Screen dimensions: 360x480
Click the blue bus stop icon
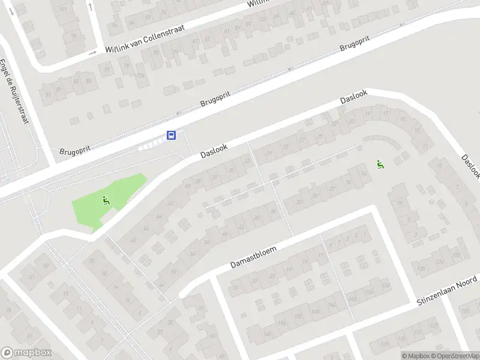tap(171, 135)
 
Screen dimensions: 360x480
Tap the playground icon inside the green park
tap(106, 200)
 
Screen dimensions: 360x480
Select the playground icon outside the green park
tap(379, 163)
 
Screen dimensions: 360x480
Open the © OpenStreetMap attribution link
tap(454, 356)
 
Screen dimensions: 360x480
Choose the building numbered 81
tap(107, 69)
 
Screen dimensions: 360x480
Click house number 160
tap(266, 334)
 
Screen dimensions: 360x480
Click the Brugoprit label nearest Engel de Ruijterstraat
tap(74, 151)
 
